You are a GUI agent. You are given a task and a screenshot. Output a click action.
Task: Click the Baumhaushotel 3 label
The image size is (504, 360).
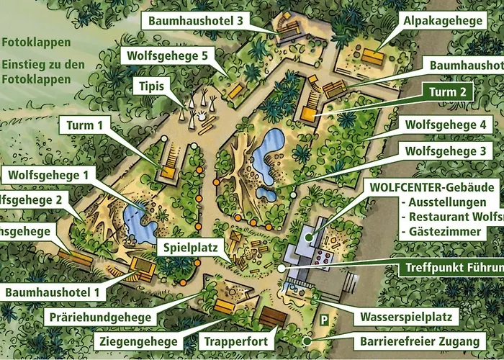(195, 22)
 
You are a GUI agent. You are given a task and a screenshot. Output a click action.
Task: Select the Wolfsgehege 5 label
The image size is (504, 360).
(168, 55)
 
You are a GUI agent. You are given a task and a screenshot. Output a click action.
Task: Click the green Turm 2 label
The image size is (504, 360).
(452, 92)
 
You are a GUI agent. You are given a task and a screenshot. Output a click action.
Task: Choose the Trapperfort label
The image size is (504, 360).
(236, 341)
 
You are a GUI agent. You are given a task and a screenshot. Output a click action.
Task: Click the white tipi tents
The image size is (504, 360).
(197, 108)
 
